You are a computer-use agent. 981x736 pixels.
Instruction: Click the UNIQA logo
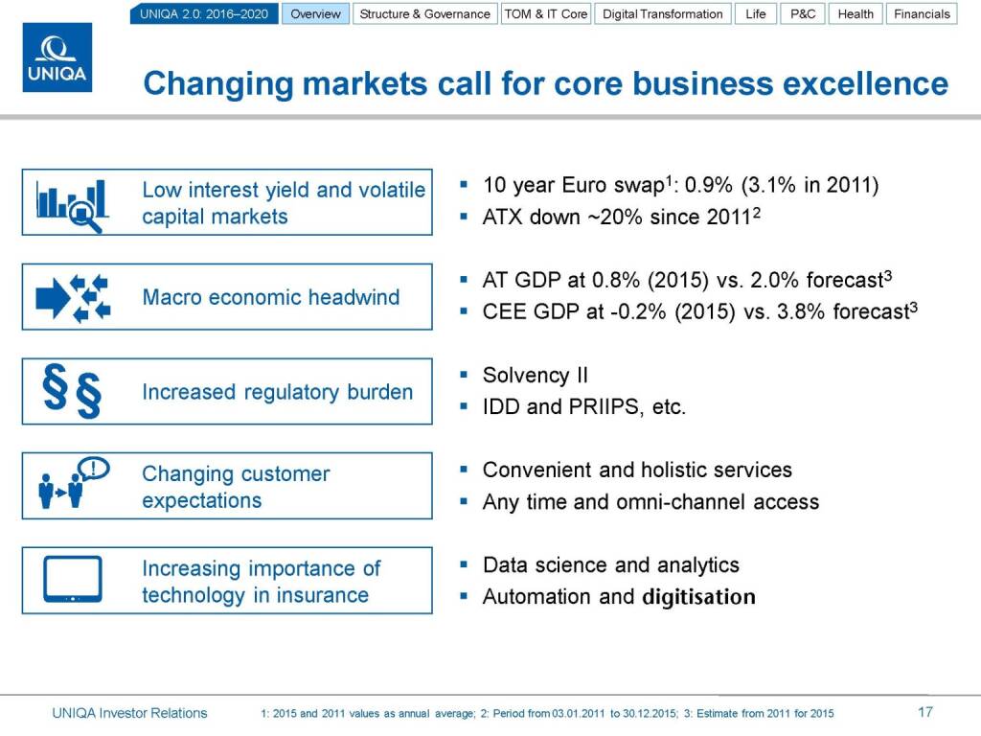tap(57, 57)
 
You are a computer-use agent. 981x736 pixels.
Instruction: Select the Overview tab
tap(315, 13)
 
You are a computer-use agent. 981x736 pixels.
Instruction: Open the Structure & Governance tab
tap(424, 13)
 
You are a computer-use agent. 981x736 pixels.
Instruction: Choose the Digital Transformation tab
tap(663, 13)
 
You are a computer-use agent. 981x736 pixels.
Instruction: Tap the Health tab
tap(856, 13)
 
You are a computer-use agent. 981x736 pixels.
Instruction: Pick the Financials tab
tap(922, 13)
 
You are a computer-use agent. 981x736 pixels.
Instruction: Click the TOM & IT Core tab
tap(545, 13)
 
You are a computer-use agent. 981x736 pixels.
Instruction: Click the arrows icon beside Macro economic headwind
tap(73, 298)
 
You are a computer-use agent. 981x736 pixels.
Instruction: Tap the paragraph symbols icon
tap(72, 391)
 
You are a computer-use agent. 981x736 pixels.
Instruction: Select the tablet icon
tap(73, 579)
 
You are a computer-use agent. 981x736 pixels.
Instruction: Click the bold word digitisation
tap(698, 596)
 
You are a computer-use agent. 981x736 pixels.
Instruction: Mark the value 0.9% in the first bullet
tap(708, 185)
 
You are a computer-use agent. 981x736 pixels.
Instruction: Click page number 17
tap(925, 712)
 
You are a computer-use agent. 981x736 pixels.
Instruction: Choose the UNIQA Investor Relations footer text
tap(129, 713)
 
